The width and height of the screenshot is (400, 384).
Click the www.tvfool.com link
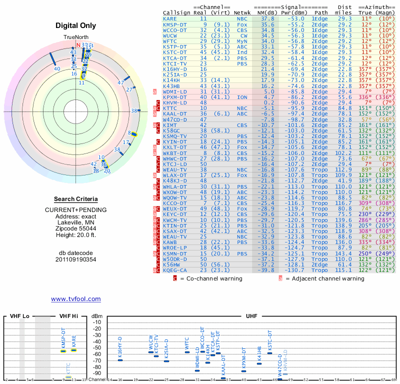[75, 299]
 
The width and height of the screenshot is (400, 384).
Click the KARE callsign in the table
[170, 18]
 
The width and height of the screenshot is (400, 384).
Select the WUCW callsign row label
[170, 36]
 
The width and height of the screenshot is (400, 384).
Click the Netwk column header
[242, 12]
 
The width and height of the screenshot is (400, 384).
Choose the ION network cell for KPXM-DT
[242, 97]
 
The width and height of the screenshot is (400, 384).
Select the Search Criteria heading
[75, 199]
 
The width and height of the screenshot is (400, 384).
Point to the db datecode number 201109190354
[75, 259]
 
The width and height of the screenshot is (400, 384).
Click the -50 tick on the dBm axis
[97, 348]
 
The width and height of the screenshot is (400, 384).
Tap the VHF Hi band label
[68, 316]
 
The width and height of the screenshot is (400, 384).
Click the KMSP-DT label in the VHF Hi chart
[63, 338]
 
